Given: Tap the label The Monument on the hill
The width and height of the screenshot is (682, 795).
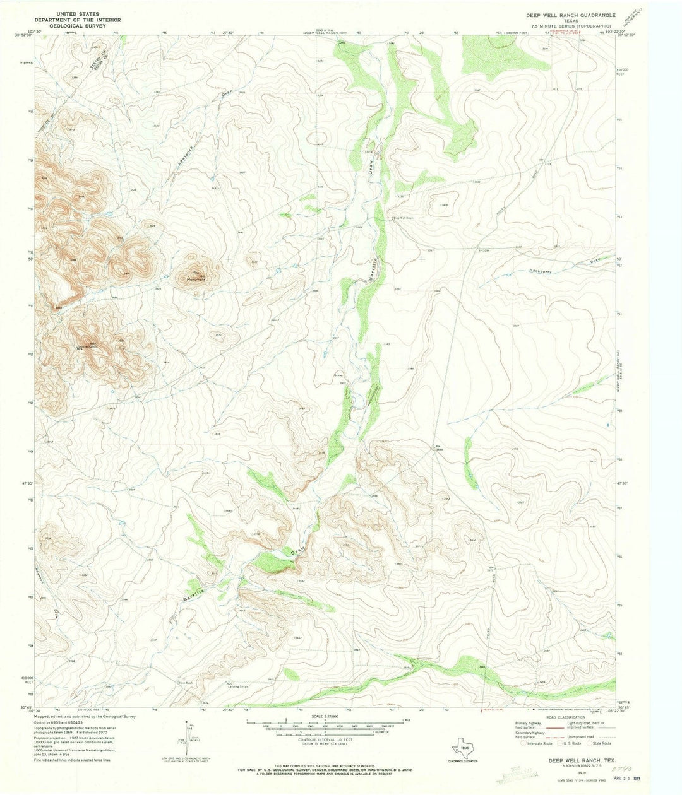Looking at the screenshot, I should point(198,276).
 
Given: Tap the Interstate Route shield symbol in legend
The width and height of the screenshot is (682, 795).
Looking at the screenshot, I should point(520,744).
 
